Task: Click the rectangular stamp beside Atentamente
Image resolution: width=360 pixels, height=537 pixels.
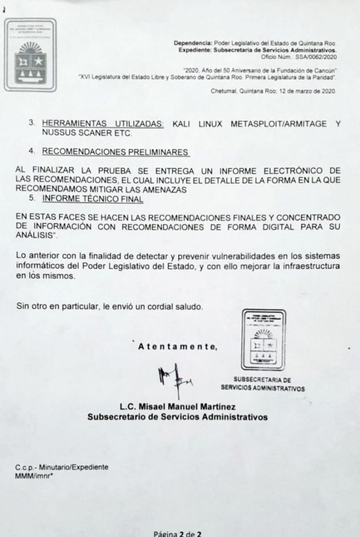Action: point(263,341)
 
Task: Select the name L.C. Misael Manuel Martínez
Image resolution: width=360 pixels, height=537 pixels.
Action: point(177,407)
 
